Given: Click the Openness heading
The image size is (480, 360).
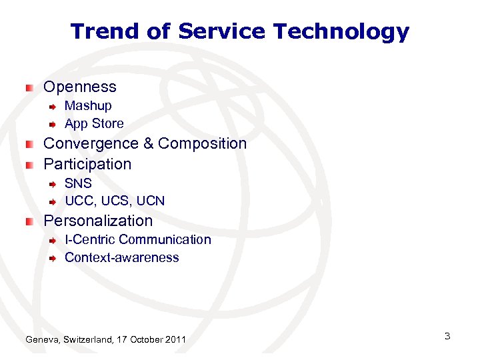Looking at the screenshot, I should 79,87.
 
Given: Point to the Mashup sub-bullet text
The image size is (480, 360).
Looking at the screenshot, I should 88,106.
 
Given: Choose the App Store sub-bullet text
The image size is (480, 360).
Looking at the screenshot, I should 94,124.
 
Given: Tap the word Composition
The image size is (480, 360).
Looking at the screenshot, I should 202,143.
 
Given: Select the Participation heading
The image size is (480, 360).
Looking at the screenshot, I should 87,164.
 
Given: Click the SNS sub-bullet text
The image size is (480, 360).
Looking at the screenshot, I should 78,183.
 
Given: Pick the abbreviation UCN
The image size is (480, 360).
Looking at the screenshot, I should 150,201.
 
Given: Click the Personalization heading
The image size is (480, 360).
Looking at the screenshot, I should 98,221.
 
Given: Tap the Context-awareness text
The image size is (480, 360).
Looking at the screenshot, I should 121,258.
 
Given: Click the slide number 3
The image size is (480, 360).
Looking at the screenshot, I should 447,336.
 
